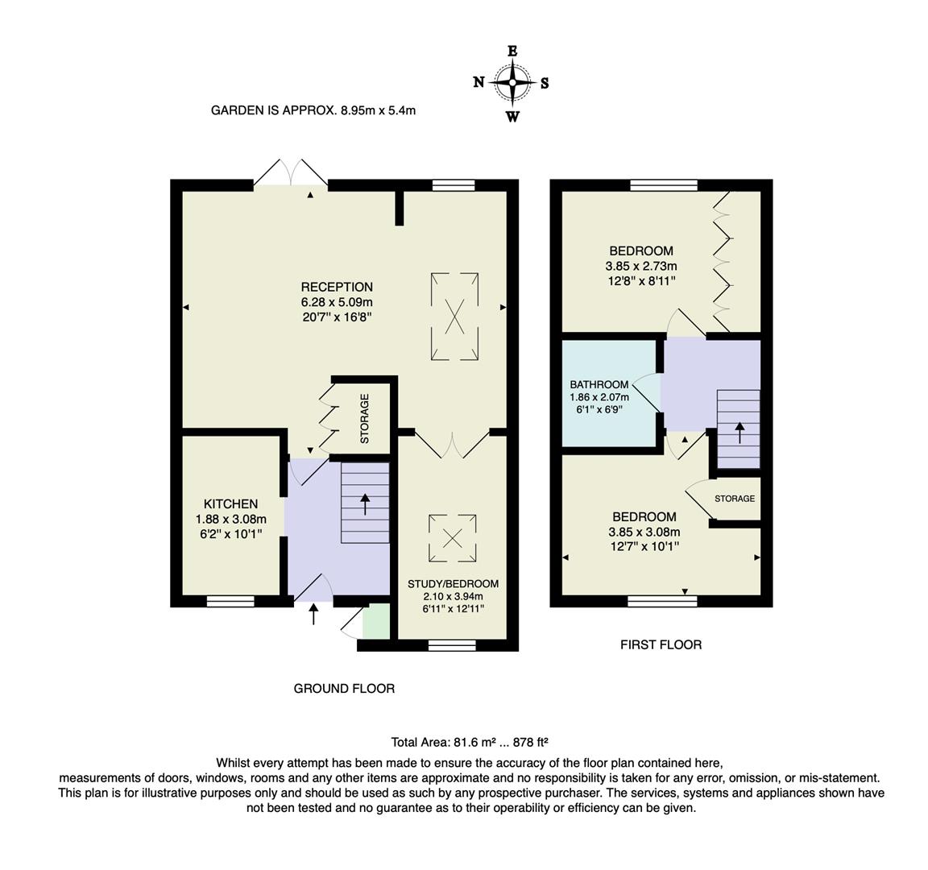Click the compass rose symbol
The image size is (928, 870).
coord(512,81)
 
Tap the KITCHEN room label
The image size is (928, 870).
coord(230,503)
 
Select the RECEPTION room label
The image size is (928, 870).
coord(337,287)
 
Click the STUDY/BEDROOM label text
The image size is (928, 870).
coord(453,584)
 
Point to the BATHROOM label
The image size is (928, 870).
coord(599,384)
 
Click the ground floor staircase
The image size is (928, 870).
coord(364,503)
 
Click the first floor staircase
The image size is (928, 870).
coord(738,429)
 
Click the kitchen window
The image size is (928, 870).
coord(230,601)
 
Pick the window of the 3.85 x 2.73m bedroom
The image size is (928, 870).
coord(664,185)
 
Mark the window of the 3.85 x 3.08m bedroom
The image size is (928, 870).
coord(661,601)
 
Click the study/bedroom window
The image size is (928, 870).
coord(452,644)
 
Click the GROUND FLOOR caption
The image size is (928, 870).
coord(344,689)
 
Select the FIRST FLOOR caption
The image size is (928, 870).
coord(661,644)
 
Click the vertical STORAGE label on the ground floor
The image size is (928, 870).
coord(364,418)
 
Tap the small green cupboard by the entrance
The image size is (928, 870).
coord(375,622)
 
